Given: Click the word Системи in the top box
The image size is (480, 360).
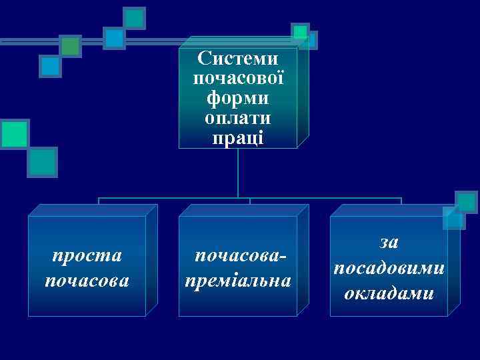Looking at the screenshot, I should click(238, 58).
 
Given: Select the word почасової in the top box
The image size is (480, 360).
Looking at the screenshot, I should click(238, 78).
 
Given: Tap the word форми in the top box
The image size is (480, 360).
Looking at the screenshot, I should click(238, 98).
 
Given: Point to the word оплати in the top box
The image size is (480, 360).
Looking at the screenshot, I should click(238, 118).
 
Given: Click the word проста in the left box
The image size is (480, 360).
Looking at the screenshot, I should click(87, 255).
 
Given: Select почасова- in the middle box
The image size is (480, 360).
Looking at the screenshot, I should click(238, 255).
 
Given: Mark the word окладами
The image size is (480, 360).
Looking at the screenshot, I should click(389, 292).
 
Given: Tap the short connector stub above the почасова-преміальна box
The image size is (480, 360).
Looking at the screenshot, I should click(250, 201).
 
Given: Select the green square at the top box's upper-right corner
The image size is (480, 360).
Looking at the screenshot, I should click(301, 31).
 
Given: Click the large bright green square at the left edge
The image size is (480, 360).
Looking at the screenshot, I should click(14, 133).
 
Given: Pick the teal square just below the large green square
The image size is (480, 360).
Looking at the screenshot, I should click(43, 161).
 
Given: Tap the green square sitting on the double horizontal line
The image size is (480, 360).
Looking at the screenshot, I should click(70, 45).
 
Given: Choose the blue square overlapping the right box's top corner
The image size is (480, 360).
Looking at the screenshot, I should click(453, 217).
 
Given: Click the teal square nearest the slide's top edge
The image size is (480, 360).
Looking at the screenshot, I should click(135, 17).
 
